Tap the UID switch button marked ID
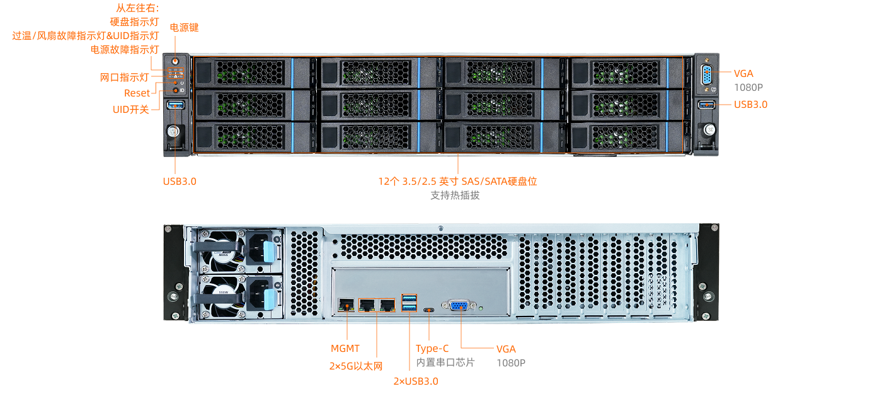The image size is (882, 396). click(x=176, y=91)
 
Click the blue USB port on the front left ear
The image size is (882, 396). click(x=175, y=104)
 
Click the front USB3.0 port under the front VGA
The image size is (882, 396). click(x=706, y=104)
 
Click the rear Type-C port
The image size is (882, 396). click(x=429, y=310)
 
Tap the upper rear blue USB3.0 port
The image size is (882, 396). click(x=409, y=298)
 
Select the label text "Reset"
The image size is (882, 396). click(x=137, y=93)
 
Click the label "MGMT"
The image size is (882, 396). click(x=345, y=348)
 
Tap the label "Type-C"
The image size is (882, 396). click(x=432, y=349)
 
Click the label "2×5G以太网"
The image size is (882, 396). click(x=356, y=366)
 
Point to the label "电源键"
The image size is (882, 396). click(x=184, y=28)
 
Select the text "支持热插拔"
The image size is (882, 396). click(x=455, y=195)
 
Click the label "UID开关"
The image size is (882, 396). click(x=130, y=109)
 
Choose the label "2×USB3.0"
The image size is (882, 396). click(x=416, y=381)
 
